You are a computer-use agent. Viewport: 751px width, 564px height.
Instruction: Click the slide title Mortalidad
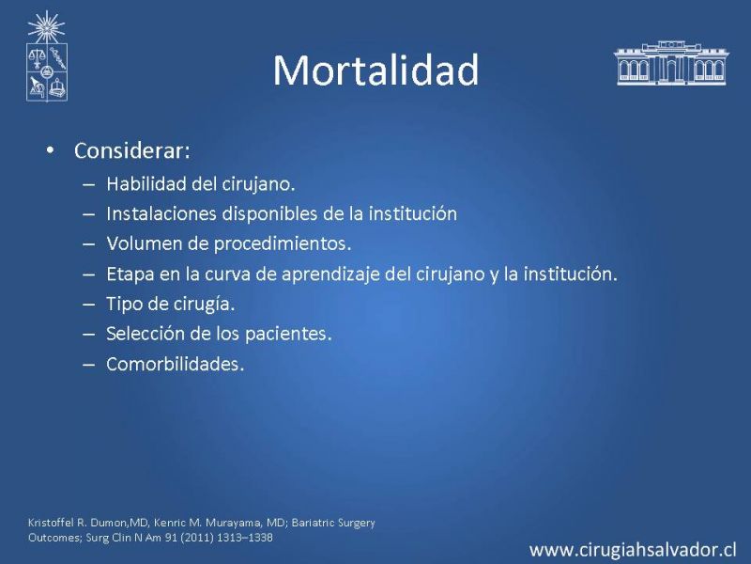376,70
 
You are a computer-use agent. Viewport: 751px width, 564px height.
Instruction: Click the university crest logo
46,56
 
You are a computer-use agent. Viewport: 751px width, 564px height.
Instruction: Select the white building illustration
671,63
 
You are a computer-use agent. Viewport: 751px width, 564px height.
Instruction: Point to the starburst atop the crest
46,27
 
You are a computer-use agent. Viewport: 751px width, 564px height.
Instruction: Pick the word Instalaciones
161,213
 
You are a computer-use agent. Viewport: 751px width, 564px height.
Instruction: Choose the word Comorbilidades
173,364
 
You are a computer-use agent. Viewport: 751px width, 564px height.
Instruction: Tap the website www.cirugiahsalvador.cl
633,550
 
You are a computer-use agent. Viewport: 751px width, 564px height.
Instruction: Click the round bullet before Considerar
51,150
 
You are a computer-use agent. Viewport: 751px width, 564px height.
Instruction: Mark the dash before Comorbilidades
88,365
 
